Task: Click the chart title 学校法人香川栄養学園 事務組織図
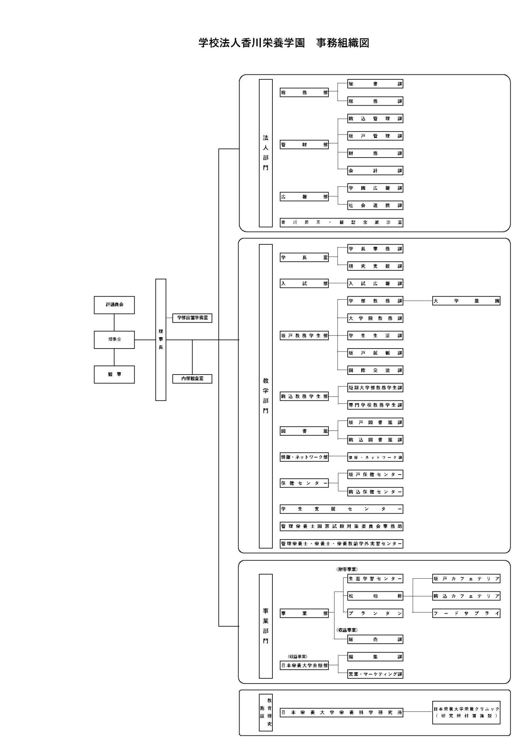click(284, 43)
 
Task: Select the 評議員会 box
click(114, 305)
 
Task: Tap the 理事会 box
click(114, 340)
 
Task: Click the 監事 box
click(114, 374)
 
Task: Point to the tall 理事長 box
click(161, 340)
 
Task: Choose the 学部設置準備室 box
click(192, 318)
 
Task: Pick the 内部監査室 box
click(192, 379)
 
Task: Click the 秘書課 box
click(375, 84)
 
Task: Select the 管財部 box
click(304, 145)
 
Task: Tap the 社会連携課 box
click(375, 206)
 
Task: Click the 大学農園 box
click(466, 301)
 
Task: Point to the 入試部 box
click(304, 284)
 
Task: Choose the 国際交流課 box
click(375, 371)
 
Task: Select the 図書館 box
click(304, 431)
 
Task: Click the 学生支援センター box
click(341, 509)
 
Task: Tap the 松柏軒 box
click(375, 596)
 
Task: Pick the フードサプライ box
click(466, 613)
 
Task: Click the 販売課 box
click(375, 640)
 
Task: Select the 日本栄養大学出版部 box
click(304, 666)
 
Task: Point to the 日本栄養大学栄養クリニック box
click(466, 712)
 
